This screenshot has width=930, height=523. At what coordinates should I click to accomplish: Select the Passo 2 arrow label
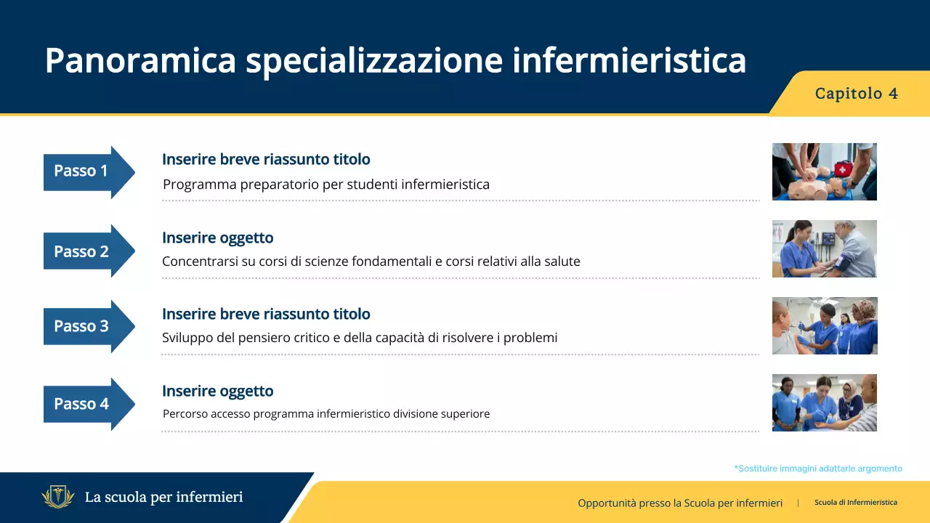point(81,251)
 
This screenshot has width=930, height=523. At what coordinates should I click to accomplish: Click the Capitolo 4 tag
point(856,94)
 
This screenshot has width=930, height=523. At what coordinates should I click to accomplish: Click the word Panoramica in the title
point(140,61)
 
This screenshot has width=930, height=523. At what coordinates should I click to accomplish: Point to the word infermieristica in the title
point(628,61)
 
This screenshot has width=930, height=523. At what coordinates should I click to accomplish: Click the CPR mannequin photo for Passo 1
point(824,171)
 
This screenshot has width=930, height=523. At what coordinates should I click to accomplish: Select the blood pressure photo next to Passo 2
point(824,248)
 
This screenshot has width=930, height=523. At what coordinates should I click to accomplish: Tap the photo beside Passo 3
point(824,325)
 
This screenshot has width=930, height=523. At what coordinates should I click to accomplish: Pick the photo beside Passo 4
point(824,402)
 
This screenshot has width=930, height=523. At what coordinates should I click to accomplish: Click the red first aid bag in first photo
point(841,169)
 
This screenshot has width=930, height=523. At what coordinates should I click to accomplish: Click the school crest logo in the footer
point(58,498)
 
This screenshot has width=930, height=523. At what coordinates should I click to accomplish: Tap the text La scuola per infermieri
point(163,498)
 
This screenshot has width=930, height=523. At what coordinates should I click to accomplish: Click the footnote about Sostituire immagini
point(818,469)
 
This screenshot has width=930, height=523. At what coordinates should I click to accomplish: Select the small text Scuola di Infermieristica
point(855,502)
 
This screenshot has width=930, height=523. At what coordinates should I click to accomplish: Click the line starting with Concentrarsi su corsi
point(371,261)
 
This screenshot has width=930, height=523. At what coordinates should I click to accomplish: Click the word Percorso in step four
point(185,414)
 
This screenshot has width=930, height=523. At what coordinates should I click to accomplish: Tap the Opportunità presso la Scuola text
point(680,503)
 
